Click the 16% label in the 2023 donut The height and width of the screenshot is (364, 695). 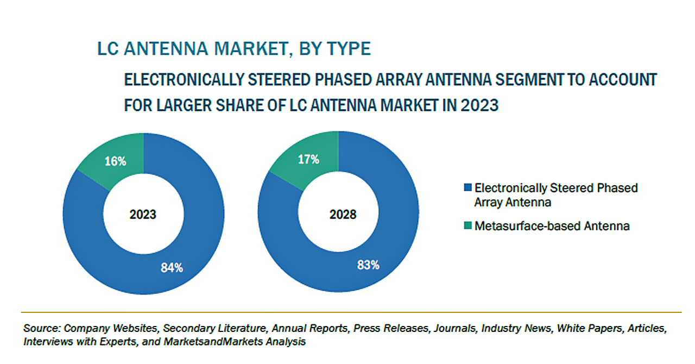116,161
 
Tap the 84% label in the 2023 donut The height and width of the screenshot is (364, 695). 172,267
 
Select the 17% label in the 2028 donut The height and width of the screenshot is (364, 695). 308,159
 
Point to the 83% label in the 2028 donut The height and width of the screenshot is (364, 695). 368,265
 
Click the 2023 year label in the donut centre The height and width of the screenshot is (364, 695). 143,214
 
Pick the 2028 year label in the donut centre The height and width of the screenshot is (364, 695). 343,214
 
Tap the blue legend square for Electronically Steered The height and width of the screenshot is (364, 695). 467,187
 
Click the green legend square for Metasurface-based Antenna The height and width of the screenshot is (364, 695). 467,225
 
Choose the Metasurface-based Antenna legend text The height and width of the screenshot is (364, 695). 552,226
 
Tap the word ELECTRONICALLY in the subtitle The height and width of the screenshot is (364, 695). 184,79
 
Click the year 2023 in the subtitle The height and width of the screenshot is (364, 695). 479,105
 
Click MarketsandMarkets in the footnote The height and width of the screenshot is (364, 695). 213,342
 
